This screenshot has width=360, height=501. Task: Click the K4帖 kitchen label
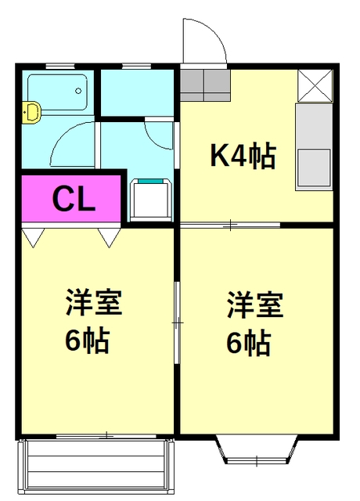click(x=243, y=157)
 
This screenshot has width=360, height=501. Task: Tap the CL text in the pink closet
click(x=74, y=198)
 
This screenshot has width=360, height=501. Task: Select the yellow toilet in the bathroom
click(x=31, y=112)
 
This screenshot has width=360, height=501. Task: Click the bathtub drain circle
click(x=78, y=91)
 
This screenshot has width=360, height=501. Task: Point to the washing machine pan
click(x=150, y=200)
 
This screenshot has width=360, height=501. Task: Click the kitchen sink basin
click(x=314, y=168)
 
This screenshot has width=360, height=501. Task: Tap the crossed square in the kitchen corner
click(x=315, y=85)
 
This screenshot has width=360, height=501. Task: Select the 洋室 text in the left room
click(x=94, y=303)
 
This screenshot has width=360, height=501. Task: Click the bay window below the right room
click(x=257, y=449)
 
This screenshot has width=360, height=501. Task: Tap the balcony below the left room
click(x=95, y=468)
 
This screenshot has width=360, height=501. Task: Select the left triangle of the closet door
click(x=33, y=237)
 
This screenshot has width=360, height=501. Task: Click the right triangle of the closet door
click(x=110, y=237)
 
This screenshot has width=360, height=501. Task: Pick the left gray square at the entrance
click(x=192, y=85)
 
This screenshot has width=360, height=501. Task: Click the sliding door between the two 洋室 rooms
click(x=177, y=323)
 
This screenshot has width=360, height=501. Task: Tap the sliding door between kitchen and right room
click(x=230, y=225)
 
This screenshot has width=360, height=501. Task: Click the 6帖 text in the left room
click(x=88, y=341)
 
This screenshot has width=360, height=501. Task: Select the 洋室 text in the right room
click(x=255, y=305)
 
